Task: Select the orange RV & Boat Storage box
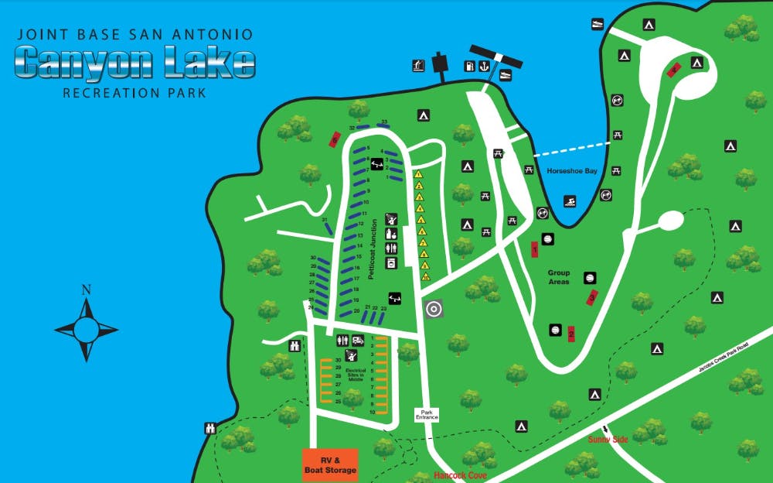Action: click(329, 465)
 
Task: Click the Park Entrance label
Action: click(427, 415)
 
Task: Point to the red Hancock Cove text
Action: click(460, 475)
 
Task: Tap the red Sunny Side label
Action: click(608, 440)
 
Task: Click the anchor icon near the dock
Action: click(484, 67)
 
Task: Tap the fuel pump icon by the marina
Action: click(468, 67)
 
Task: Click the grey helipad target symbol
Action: click(434, 309)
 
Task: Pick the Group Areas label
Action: click(558, 277)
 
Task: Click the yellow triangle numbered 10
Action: click(425, 276)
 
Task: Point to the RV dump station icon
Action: click(358, 340)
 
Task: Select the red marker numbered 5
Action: click(335, 140)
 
